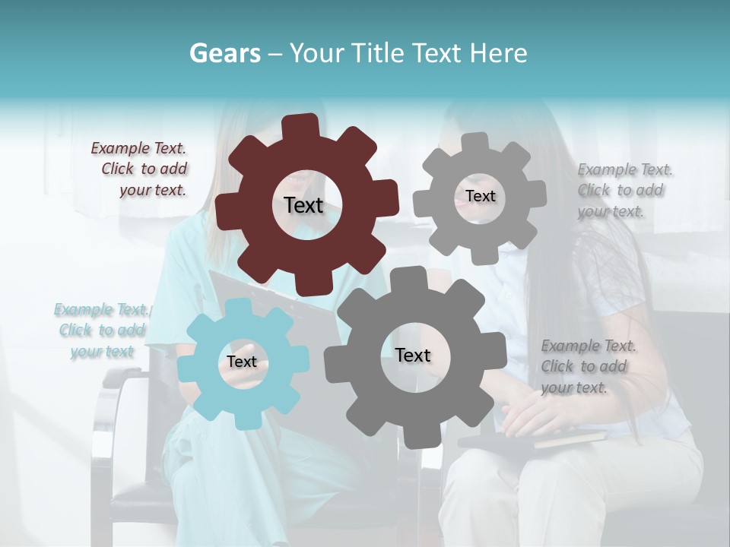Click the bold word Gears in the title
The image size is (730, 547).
[x=224, y=53]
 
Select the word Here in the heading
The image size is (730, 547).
[x=498, y=53]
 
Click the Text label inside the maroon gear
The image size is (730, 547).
[x=303, y=205]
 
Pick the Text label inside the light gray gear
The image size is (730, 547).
[x=480, y=196]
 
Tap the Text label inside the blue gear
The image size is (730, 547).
[x=242, y=362]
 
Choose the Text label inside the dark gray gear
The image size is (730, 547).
[x=413, y=355]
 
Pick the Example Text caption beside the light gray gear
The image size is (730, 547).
[x=621, y=190]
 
